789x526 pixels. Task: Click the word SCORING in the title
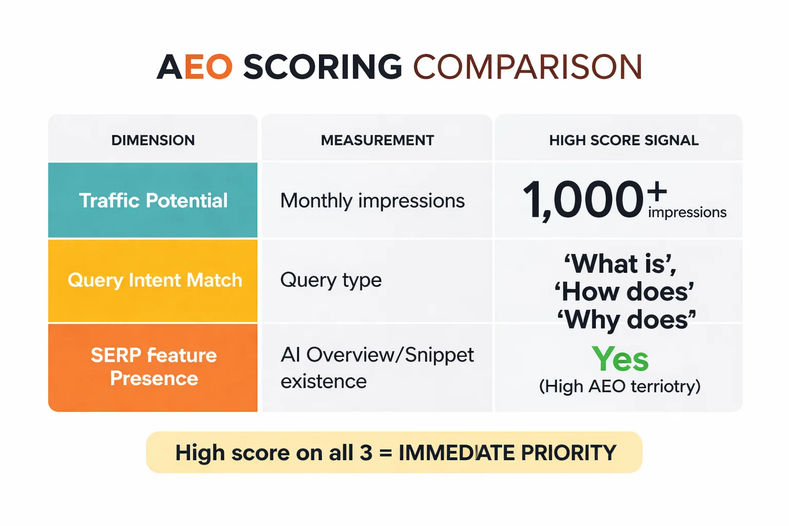(x=322, y=67)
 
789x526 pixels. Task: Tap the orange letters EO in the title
(x=208, y=67)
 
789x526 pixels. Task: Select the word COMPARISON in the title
(x=528, y=67)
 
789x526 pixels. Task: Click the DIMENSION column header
(x=153, y=140)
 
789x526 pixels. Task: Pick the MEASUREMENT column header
(x=377, y=140)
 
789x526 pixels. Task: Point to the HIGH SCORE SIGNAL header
(x=624, y=140)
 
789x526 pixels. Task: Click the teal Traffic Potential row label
(x=153, y=200)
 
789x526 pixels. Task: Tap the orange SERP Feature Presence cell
(x=154, y=367)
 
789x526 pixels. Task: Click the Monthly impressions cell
(x=372, y=201)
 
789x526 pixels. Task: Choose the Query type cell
(x=331, y=280)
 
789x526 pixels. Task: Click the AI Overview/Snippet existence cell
(x=377, y=368)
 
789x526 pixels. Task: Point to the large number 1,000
(x=583, y=200)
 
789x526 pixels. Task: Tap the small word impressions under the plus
(x=687, y=213)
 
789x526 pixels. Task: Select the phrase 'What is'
(x=621, y=264)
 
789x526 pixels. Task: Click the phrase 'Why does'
(x=627, y=320)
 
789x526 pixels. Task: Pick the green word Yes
(x=620, y=359)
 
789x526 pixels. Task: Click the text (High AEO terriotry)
(x=619, y=386)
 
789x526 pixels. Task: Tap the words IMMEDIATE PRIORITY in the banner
(x=507, y=453)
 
